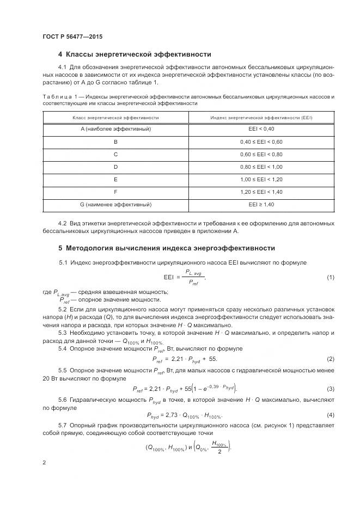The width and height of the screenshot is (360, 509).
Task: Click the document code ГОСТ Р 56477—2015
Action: tap(72, 36)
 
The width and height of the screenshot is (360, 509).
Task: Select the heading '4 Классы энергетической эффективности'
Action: tap(135, 54)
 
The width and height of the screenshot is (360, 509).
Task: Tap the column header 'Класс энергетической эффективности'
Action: tap(115, 118)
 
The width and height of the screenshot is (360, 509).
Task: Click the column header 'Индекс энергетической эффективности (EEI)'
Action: tap(261, 118)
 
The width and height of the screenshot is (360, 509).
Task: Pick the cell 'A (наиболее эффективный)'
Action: tap(115, 130)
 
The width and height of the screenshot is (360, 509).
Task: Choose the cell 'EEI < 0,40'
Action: tap(261, 130)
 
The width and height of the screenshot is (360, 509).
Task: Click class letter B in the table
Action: tap(115, 142)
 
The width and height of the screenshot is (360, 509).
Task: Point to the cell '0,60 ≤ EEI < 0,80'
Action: tap(261, 155)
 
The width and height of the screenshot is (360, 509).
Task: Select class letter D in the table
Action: tap(115, 167)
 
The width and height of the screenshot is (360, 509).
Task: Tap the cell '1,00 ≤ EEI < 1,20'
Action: tap(261, 179)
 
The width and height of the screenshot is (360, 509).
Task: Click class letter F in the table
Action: tap(115, 192)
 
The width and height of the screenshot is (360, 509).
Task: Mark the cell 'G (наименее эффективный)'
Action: tap(115, 204)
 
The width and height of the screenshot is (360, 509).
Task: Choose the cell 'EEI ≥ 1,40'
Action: tap(261, 204)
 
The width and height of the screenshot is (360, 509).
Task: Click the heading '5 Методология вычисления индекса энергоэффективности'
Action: tap(166, 248)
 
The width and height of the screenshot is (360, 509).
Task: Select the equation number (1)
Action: tap(330, 278)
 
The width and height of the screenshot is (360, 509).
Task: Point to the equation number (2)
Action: tap(330, 359)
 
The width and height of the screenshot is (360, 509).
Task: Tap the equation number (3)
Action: tap(330, 388)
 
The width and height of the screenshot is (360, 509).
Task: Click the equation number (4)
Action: tap(330, 415)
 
